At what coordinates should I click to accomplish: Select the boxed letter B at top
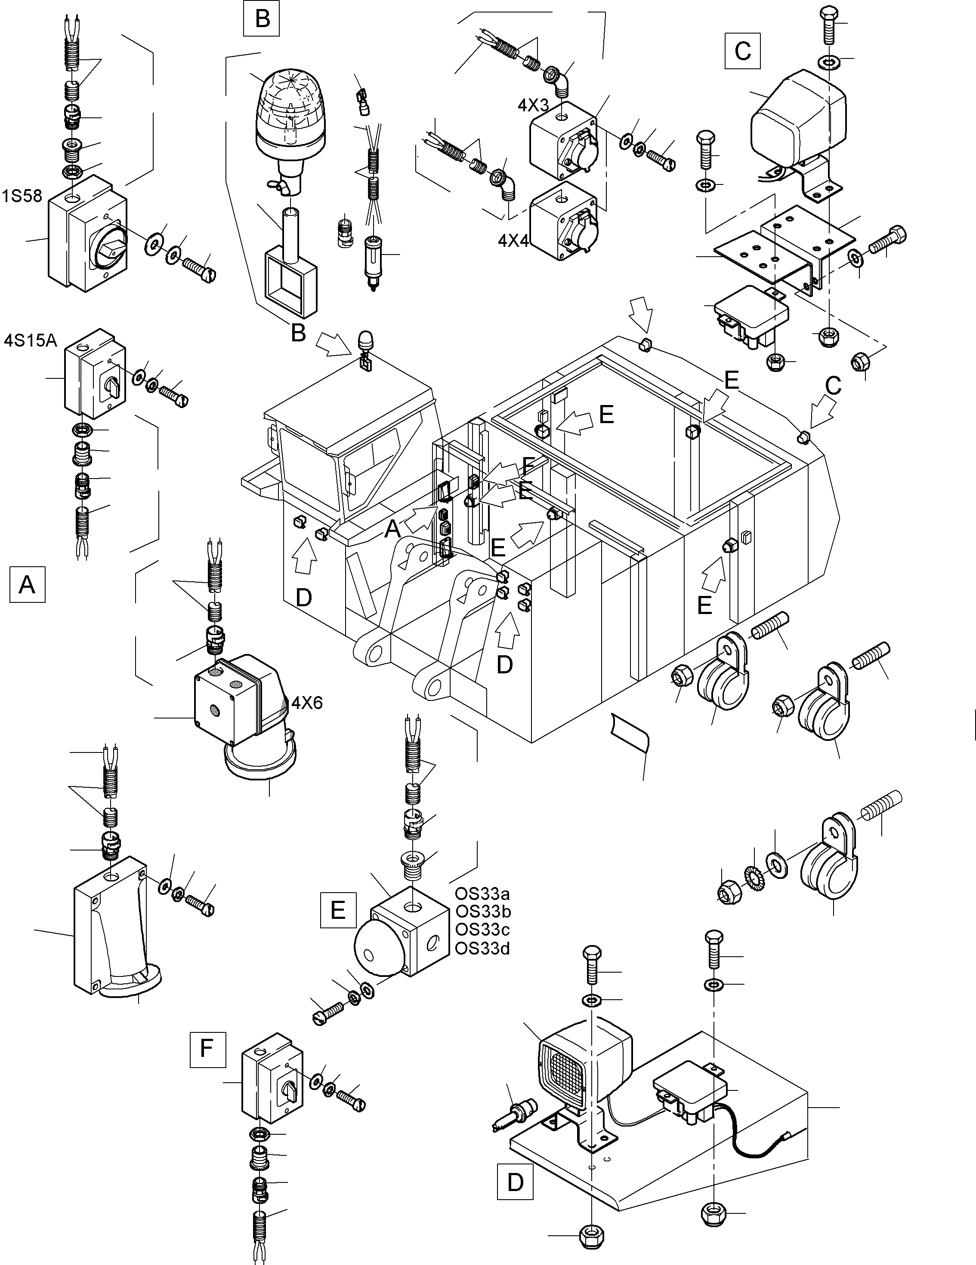pos(262,18)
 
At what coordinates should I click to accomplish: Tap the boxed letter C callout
pos(742,51)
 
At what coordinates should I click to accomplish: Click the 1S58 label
pos(22,197)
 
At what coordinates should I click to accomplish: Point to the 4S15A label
pos(30,340)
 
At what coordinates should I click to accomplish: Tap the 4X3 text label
pos(533,105)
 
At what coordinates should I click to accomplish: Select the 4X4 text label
pos(513,240)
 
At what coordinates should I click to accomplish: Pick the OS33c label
pos(483,929)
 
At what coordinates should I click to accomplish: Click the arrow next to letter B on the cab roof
pos(335,343)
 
